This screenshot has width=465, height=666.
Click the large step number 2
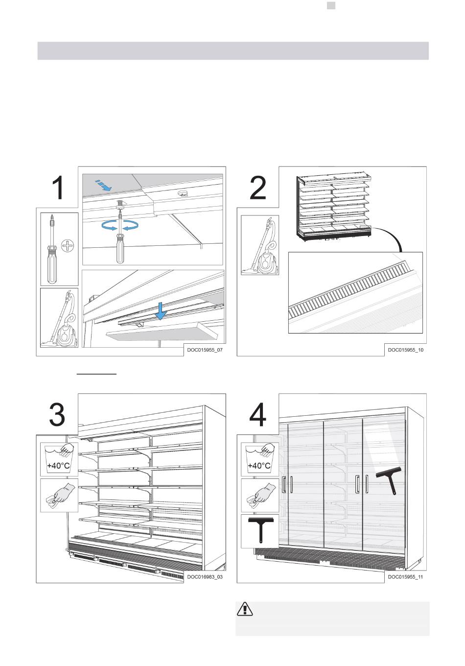(257, 188)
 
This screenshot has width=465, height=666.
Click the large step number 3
(57, 415)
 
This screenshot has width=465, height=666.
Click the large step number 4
(257, 415)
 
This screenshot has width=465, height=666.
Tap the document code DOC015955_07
(205, 350)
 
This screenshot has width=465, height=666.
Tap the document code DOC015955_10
(406, 350)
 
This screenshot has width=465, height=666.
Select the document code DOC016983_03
(205, 577)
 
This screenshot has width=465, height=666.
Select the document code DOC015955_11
(405, 577)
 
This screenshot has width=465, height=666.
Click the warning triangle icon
(245, 609)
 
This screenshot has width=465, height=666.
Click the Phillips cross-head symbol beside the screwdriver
(68, 246)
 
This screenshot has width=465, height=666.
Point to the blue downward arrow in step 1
(160, 311)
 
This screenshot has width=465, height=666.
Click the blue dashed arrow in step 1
(103, 185)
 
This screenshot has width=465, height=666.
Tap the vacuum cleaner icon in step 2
(260, 245)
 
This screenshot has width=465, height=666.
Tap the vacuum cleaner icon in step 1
(59, 317)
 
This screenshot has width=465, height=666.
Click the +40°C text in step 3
(59, 466)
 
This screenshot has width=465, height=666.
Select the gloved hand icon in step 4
(260, 496)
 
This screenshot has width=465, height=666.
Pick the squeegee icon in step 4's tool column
(260, 530)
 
